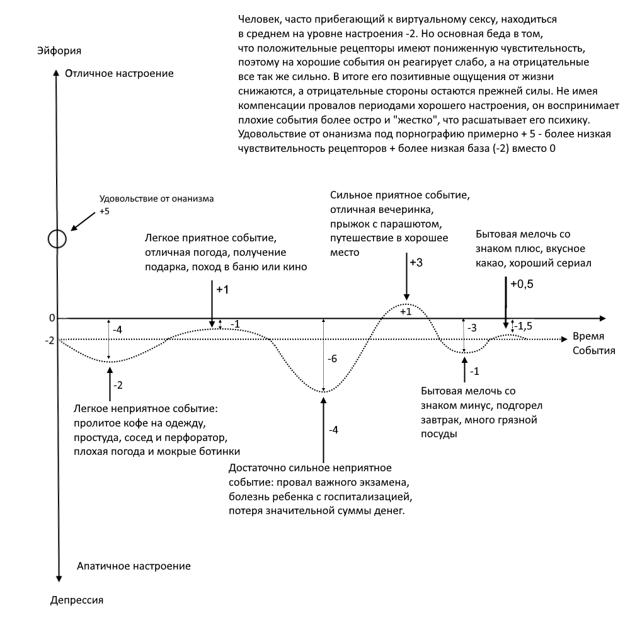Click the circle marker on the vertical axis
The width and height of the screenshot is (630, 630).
coord(57,239)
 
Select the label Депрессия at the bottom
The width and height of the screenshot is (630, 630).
coord(76,599)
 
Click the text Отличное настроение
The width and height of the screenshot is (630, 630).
coord(118,74)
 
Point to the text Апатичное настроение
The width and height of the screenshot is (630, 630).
coord(133,566)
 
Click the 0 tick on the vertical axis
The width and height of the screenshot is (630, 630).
coord(52,318)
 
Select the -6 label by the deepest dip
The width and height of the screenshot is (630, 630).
coord(333,358)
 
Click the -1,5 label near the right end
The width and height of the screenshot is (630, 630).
coord(525,325)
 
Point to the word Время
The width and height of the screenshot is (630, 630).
coord(588,336)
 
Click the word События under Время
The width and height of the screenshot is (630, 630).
coord(593,350)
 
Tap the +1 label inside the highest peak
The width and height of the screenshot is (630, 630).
coord(406,311)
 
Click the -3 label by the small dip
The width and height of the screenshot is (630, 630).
coord(472,328)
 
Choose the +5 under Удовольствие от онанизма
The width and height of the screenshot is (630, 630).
coord(104,212)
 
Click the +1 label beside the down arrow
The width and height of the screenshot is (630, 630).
coord(223,290)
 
